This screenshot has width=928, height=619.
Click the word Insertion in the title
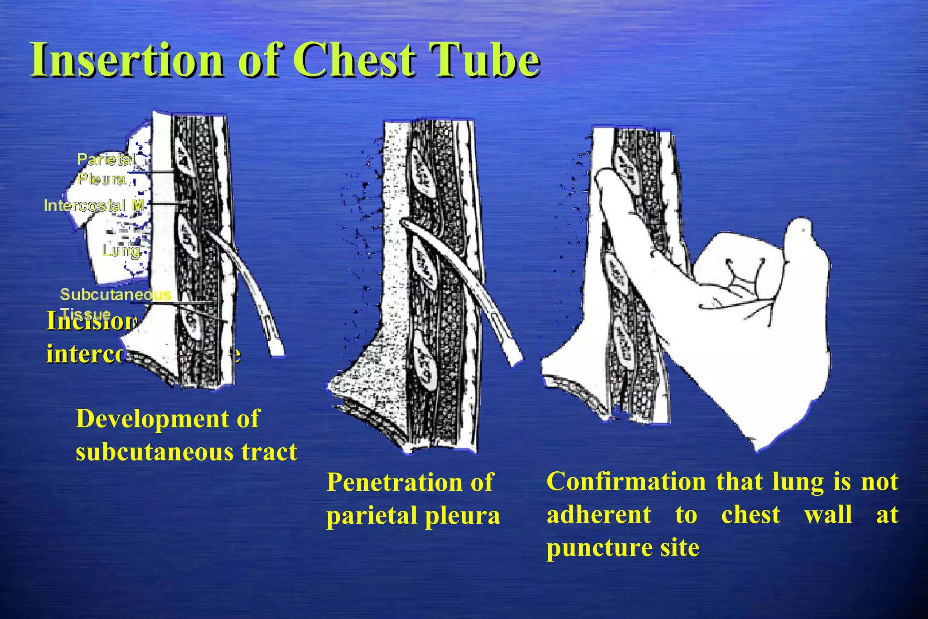point(127,60)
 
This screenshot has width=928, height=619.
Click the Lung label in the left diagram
point(121,251)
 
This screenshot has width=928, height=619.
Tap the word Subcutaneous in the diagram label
point(116,295)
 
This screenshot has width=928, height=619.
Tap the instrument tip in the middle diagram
point(405,223)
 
